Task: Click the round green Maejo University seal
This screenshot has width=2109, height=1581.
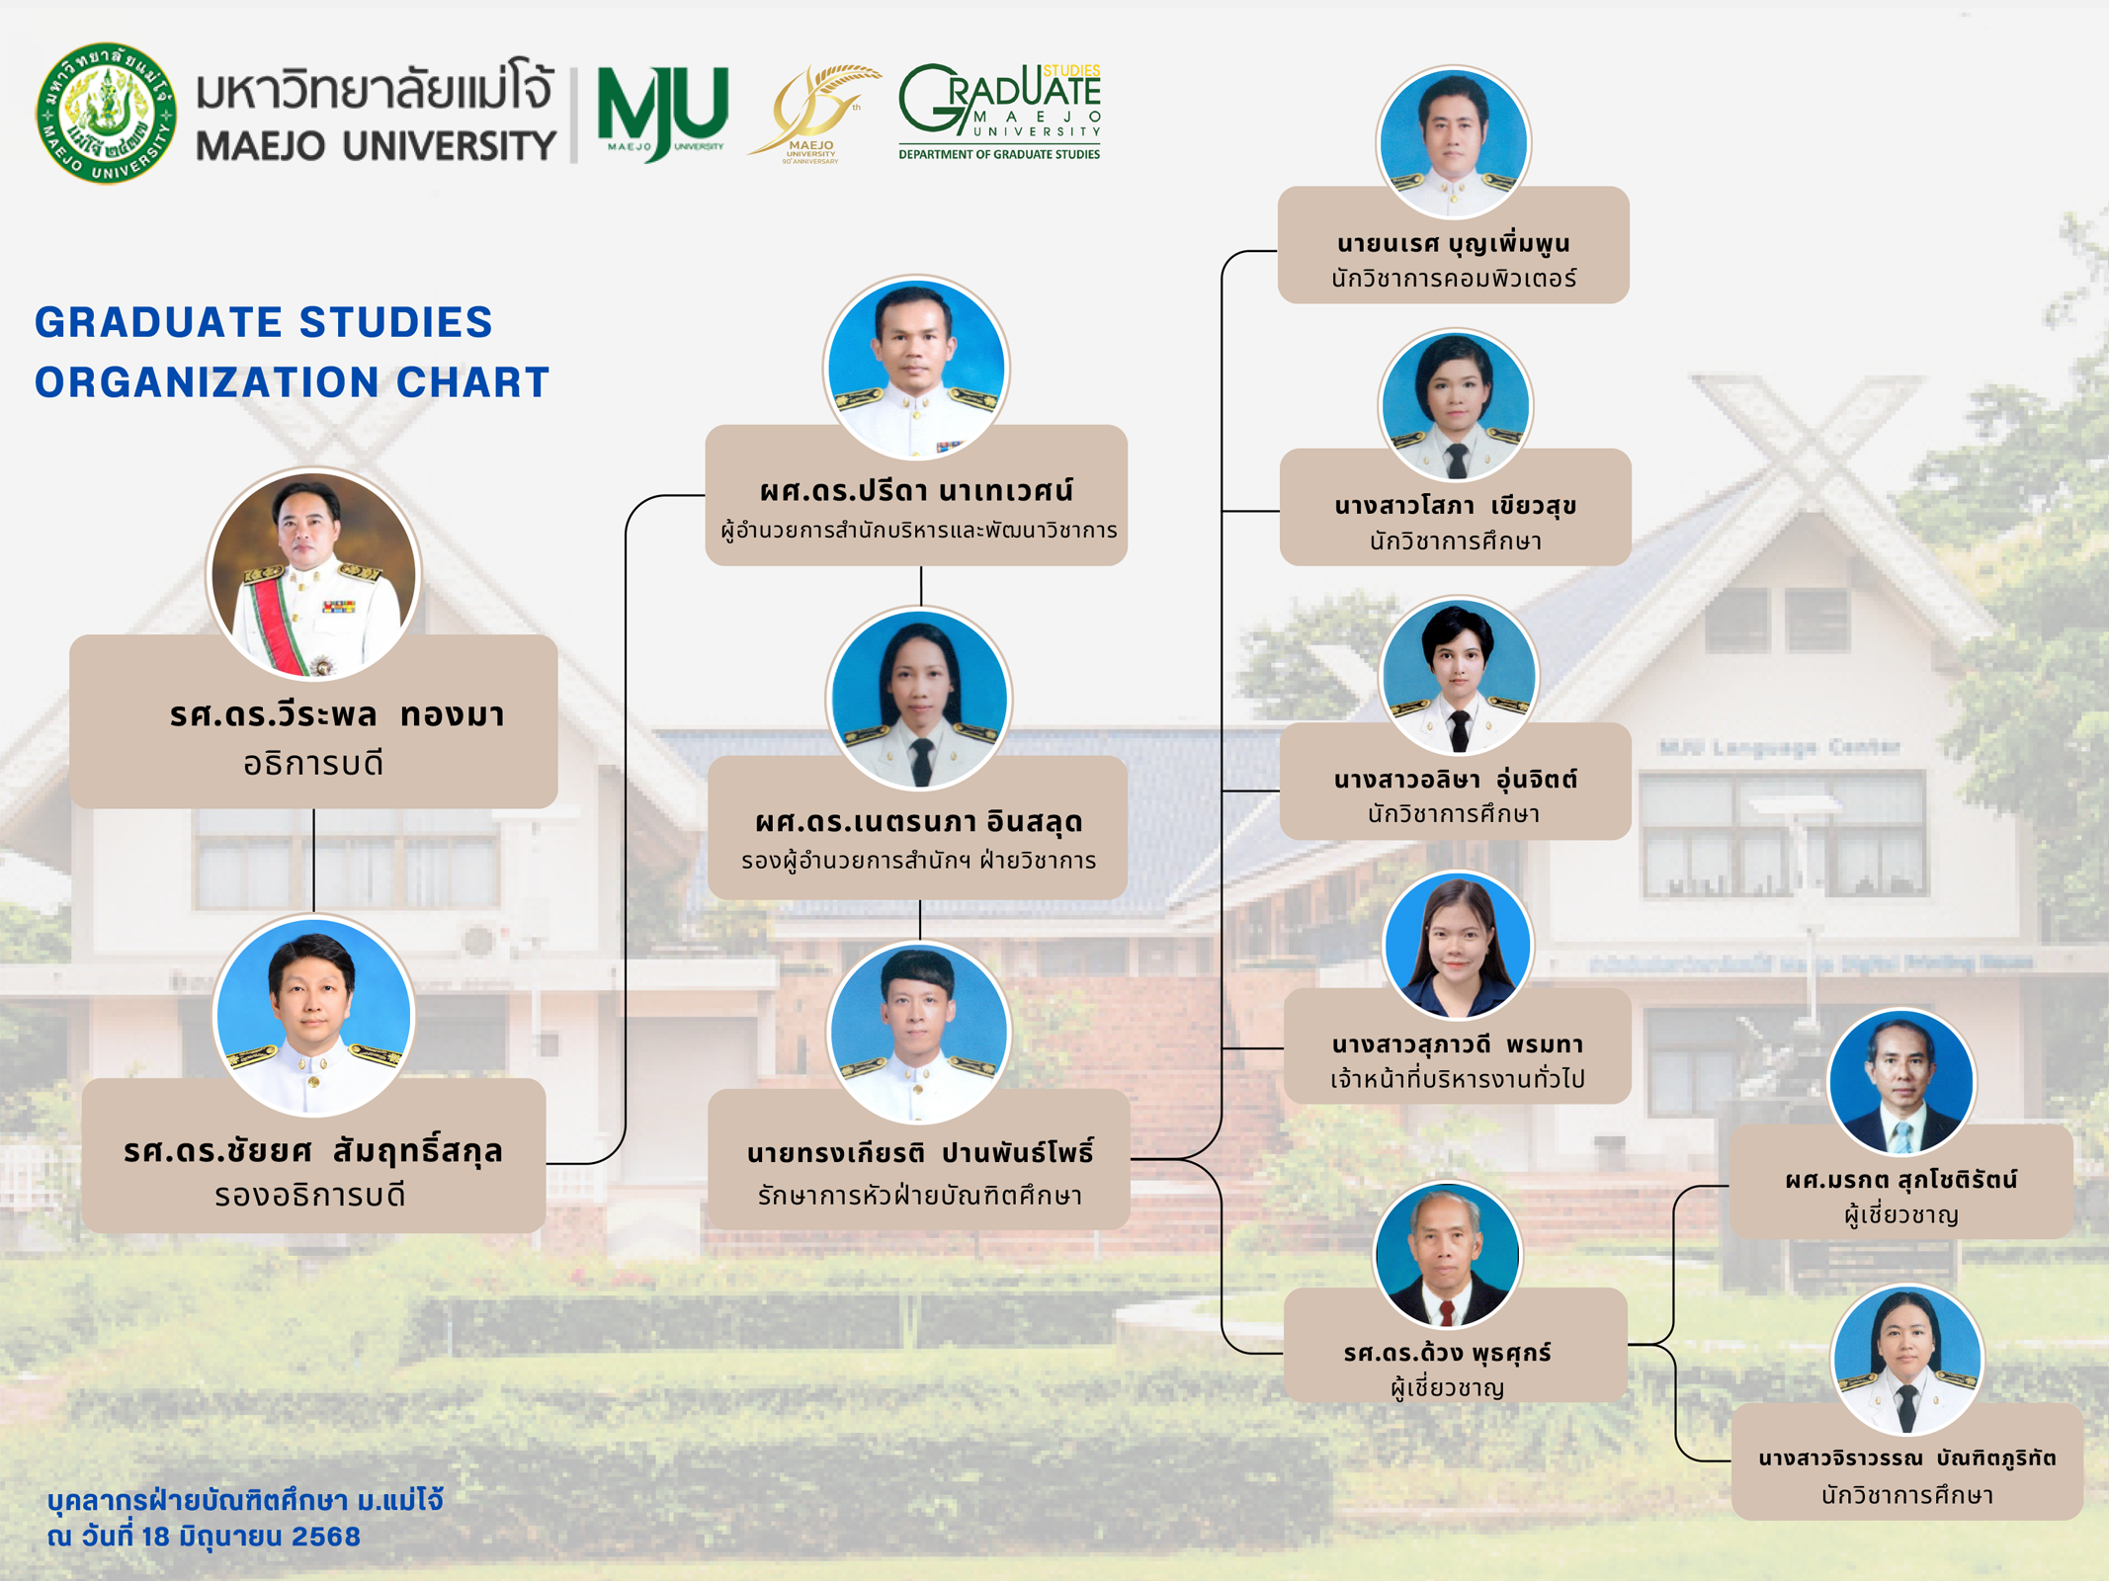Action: [107, 113]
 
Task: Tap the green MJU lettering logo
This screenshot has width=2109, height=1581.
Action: [663, 112]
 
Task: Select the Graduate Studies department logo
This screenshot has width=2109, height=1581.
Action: [999, 111]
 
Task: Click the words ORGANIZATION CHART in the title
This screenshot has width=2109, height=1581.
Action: [293, 382]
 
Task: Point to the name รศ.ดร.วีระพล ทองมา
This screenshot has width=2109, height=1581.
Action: [337, 713]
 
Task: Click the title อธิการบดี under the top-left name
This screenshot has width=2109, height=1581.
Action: [313, 764]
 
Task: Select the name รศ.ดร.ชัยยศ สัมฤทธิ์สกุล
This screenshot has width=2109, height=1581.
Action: [313, 1151]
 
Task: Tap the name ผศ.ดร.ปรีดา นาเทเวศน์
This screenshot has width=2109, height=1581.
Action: [916, 490]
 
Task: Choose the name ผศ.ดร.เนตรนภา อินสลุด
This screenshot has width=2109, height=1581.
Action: [919, 822]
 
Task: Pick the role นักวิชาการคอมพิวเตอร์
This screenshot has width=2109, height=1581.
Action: [1454, 280]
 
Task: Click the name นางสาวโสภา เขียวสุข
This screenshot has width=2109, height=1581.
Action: [1455, 506]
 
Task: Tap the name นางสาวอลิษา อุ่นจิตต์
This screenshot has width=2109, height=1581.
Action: [1456, 780]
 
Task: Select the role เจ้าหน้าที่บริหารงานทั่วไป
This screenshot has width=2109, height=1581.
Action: [1458, 1079]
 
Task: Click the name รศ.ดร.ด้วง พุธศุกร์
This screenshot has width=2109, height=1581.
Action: [1448, 1353]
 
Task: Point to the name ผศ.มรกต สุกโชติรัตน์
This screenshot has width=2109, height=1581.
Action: [1901, 1179]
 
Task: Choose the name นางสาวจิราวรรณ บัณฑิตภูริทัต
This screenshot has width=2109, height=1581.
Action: [1907, 1458]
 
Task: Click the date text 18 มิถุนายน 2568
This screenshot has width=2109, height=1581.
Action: [251, 1538]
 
